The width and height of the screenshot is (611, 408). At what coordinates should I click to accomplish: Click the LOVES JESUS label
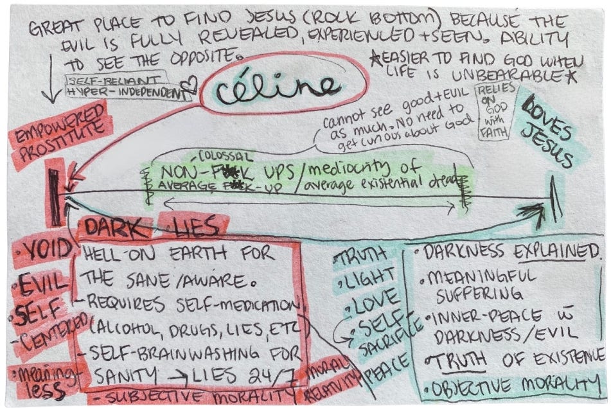point(550,134)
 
